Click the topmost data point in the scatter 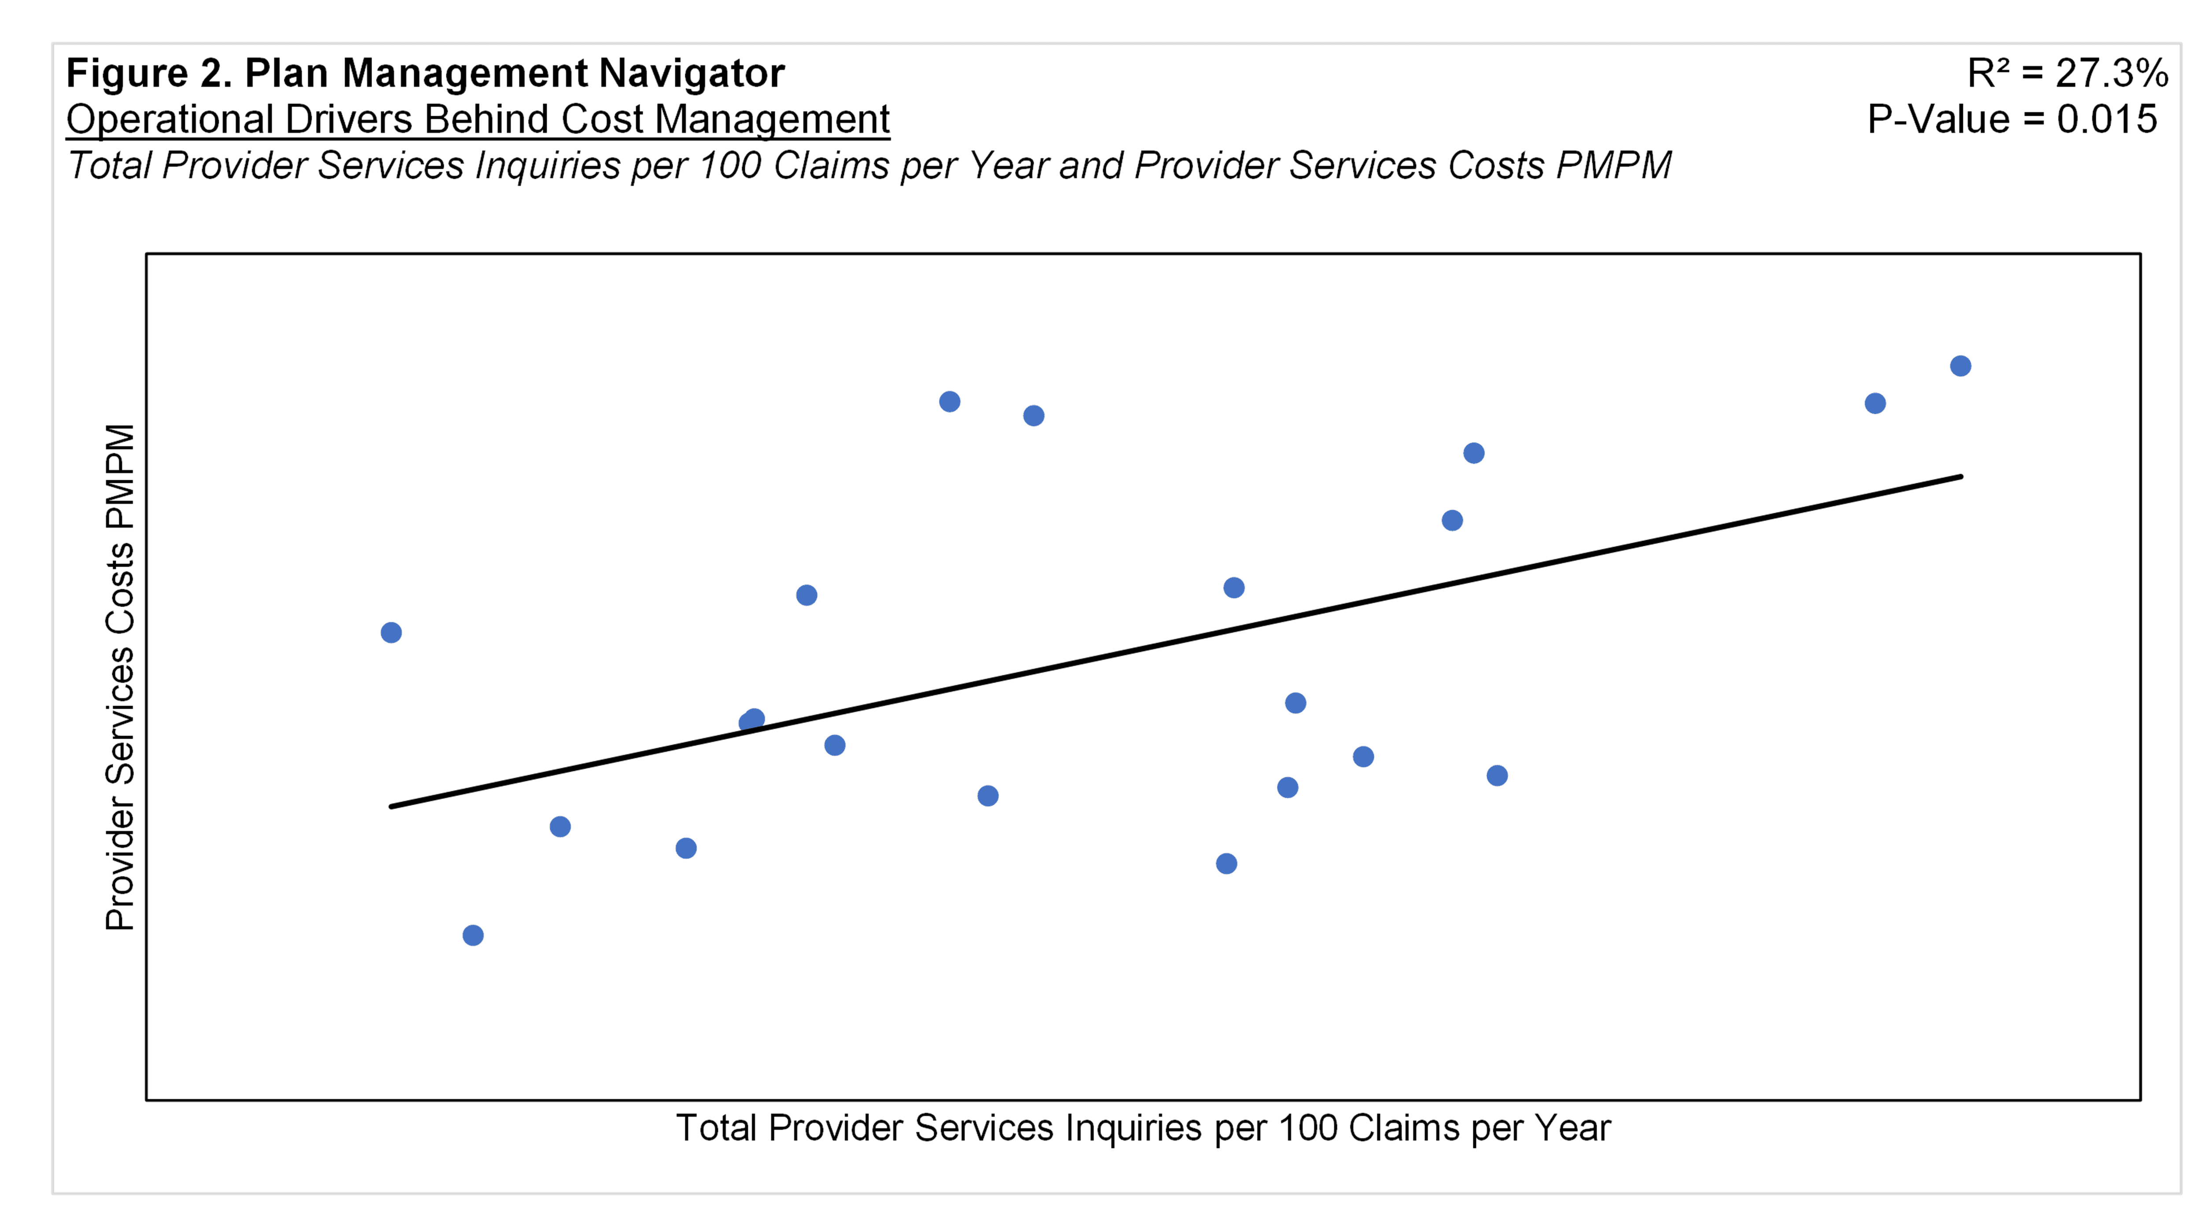(1960, 366)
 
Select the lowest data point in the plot (473, 935)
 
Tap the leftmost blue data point (391, 633)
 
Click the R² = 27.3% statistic (2067, 74)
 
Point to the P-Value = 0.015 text (2011, 119)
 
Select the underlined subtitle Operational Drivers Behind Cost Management (478, 119)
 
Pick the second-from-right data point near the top (1875, 404)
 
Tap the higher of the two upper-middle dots (950, 402)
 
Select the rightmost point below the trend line (1497, 776)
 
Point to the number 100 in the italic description (729, 166)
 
